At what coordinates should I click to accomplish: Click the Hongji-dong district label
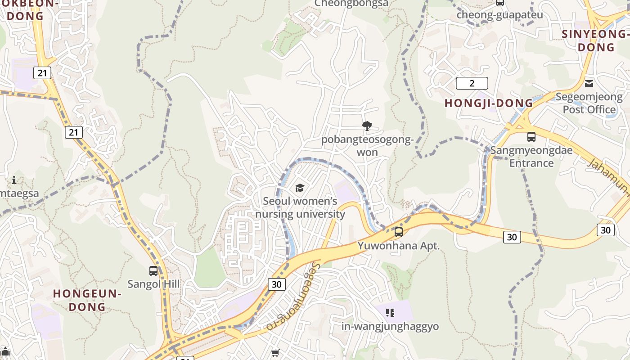pos(489,103)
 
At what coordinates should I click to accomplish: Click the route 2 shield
pos(472,83)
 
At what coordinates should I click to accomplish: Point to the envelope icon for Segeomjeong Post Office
pos(589,84)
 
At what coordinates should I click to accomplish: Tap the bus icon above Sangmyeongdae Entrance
pos(531,137)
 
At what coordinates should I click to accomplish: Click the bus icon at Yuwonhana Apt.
pos(398,232)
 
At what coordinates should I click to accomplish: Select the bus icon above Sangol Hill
pos(153,271)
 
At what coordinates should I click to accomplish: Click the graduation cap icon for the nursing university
pos(300,188)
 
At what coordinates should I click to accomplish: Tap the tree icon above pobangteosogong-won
pos(367,126)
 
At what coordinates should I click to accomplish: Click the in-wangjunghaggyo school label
pos(390,326)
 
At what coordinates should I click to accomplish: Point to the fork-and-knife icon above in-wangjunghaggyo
pos(390,312)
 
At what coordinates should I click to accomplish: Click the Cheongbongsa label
pos(351,3)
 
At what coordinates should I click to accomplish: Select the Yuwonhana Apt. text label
pos(398,246)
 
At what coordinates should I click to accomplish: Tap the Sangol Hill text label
pos(153,284)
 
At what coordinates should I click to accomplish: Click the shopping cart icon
pos(275,353)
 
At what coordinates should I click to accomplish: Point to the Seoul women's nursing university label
pos(300,207)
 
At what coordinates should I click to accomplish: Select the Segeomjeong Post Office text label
pos(589,103)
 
